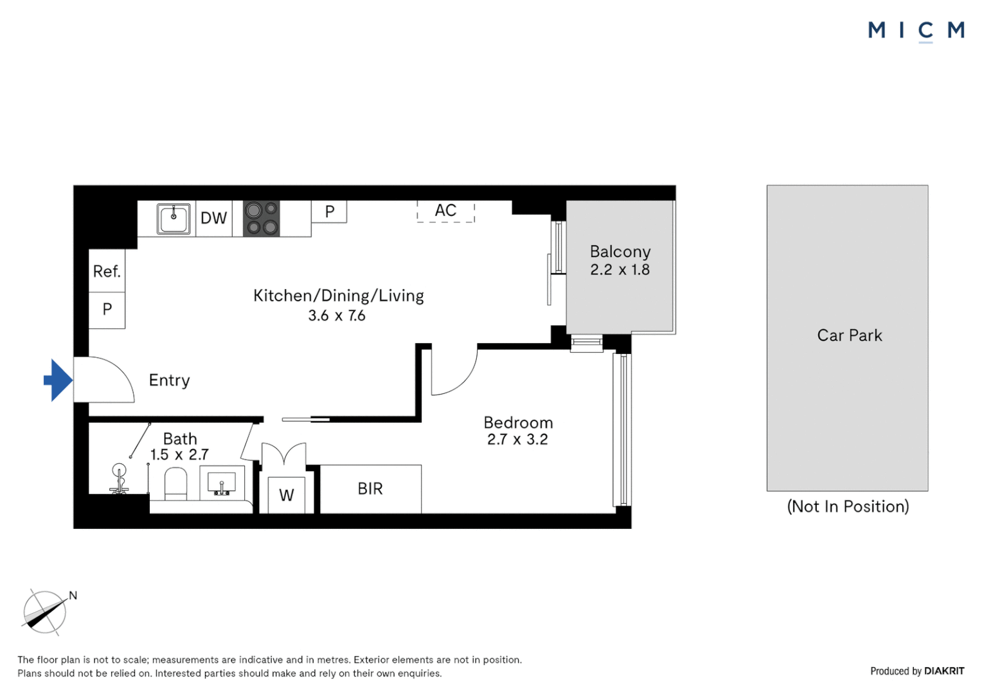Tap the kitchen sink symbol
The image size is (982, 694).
click(x=174, y=218)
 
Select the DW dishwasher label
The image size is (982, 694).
click(x=213, y=218)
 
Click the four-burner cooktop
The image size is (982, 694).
click(x=262, y=218)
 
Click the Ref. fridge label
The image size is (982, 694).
click(x=107, y=271)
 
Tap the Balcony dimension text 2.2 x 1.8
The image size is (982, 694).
click(x=620, y=270)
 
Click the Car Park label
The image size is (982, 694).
click(x=849, y=335)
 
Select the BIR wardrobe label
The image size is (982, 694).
click(x=370, y=488)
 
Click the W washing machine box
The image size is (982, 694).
click(x=286, y=495)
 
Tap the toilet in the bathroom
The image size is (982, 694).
click(x=176, y=484)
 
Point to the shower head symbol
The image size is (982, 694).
click(x=119, y=478)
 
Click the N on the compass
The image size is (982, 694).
click(x=73, y=595)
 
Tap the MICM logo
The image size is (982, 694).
click(x=916, y=31)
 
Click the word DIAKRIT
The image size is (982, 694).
click(x=944, y=671)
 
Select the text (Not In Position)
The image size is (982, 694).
click(x=848, y=507)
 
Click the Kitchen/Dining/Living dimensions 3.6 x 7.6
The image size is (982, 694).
click(x=337, y=316)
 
